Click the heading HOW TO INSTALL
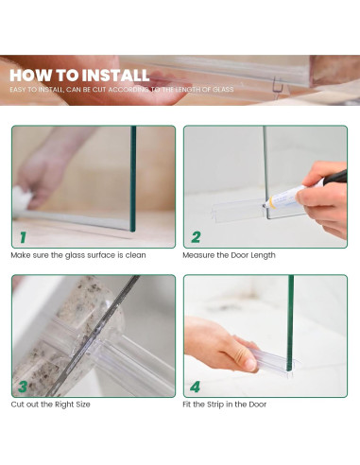tap(79, 76)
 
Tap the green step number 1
tap(23, 237)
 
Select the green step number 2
tap(196, 237)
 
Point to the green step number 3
tap(23, 387)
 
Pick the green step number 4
tap(196, 387)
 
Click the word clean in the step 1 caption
tap(135, 255)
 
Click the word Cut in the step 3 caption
tap(17, 405)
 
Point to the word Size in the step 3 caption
tap(82, 405)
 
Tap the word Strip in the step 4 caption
tap(214, 405)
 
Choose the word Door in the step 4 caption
tap(258, 405)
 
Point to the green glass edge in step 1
tap(133, 179)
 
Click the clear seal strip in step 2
tap(239, 211)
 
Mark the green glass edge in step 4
tap(290, 323)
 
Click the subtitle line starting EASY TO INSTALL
tap(122, 90)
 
